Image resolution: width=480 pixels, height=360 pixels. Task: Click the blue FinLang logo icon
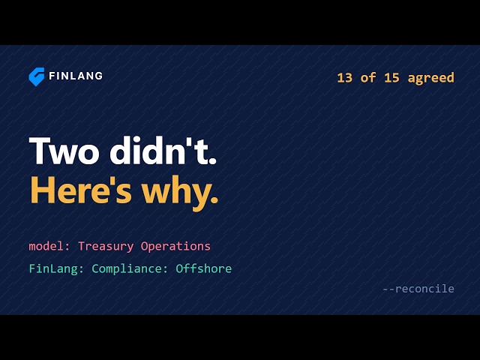click(x=37, y=76)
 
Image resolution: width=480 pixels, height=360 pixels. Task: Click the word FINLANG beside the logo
click(x=76, y=76)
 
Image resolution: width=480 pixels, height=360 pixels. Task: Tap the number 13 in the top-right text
click(x=345, y=78)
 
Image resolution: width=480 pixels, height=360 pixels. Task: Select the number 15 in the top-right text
click(x=391, y=78)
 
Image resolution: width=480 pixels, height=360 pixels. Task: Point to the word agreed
click(x=431, y=78)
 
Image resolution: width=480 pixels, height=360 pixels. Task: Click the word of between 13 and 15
click(x=368, y=77)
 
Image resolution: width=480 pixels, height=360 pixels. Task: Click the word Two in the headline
click(x=64, y=151)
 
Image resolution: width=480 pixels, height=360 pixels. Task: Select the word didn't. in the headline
click(x=163, y=150)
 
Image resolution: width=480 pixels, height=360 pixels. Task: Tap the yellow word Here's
click(x=81, y=190)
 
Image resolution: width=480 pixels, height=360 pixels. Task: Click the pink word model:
click(x=50, y=246)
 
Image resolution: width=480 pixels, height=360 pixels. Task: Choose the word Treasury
click(x=106, y=247)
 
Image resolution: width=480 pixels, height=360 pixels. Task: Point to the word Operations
click(x=175, y=247)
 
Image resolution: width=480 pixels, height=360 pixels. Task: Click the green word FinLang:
click(x=56, y=268)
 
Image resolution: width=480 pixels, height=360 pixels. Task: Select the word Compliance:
click(x=130, y=269)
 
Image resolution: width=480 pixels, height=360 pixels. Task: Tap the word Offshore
click(x=203, y=268)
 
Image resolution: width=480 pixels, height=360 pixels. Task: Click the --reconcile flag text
click(x=418, y=289)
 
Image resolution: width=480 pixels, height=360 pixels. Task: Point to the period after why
click(x=214, y=200)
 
